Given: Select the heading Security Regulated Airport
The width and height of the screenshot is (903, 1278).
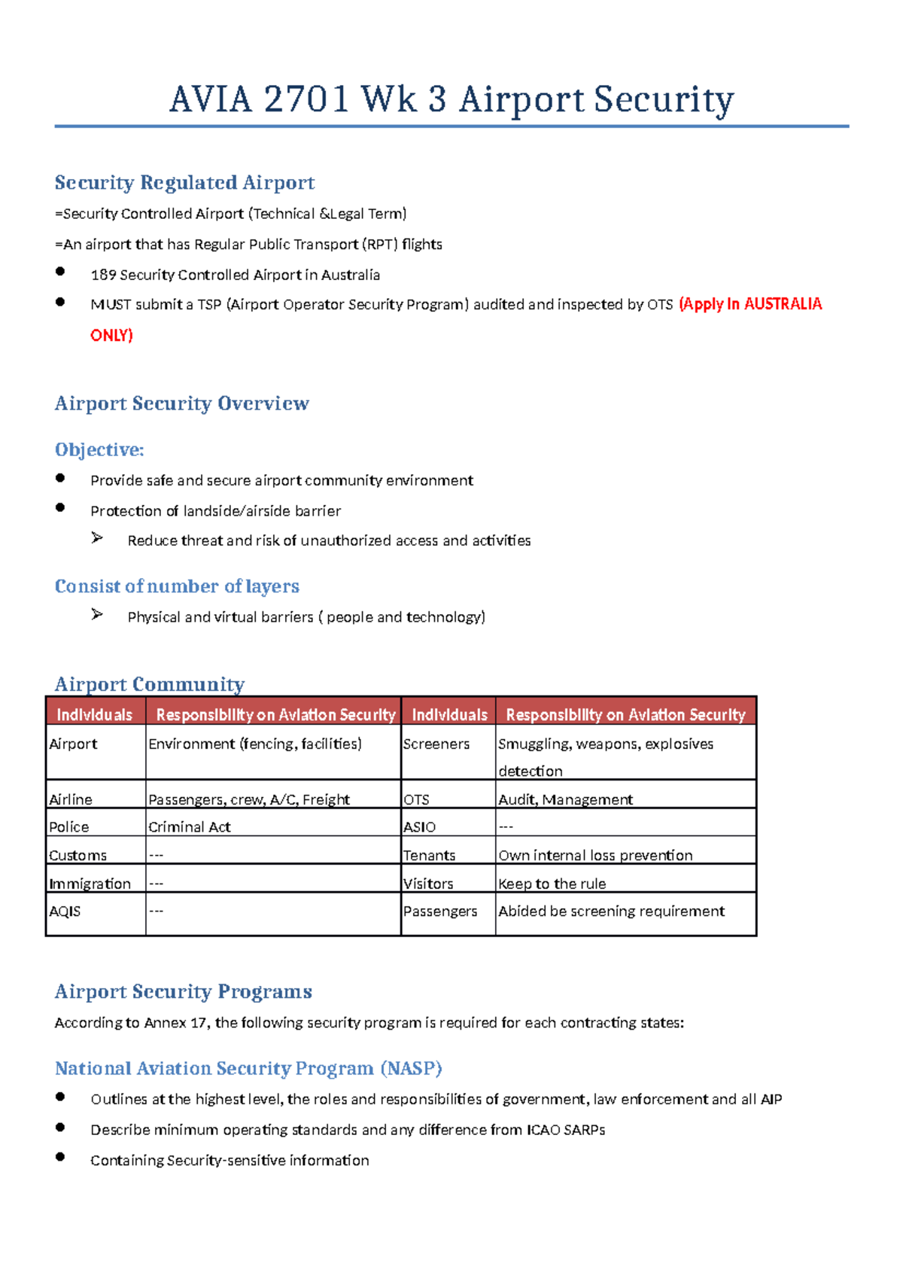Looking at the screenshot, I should point(184,183).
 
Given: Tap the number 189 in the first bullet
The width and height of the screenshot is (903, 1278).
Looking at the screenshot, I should point(103,275).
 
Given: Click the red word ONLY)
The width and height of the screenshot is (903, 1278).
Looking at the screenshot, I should point(111,336).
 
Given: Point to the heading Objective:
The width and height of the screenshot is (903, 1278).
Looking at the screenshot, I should point(99,450).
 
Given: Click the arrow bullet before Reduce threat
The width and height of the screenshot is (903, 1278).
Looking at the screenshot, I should point(97,538).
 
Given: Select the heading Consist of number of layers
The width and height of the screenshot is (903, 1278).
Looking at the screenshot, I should point(177,586).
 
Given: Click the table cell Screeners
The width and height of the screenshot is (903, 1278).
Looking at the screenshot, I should point(436,744).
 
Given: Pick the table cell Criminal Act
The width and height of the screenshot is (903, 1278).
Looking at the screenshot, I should point(190,827).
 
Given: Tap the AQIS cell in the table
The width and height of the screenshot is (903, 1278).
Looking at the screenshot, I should point(65,911).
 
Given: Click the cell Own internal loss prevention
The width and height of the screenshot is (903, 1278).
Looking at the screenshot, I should point(595,856).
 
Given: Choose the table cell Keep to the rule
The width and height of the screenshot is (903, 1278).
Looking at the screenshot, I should point(552,884).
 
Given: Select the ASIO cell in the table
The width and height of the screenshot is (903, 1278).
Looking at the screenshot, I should point(419,827).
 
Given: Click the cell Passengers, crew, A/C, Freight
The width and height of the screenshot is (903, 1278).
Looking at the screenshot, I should point(249,799).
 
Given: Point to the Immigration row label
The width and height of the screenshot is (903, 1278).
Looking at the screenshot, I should point(90,884).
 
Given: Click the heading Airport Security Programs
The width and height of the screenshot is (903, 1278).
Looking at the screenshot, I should point(183,992).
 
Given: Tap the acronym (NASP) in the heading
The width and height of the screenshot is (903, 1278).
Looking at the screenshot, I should point(411,1069).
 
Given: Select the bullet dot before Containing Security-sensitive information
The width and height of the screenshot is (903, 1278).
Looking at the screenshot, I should point(60,1158).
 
